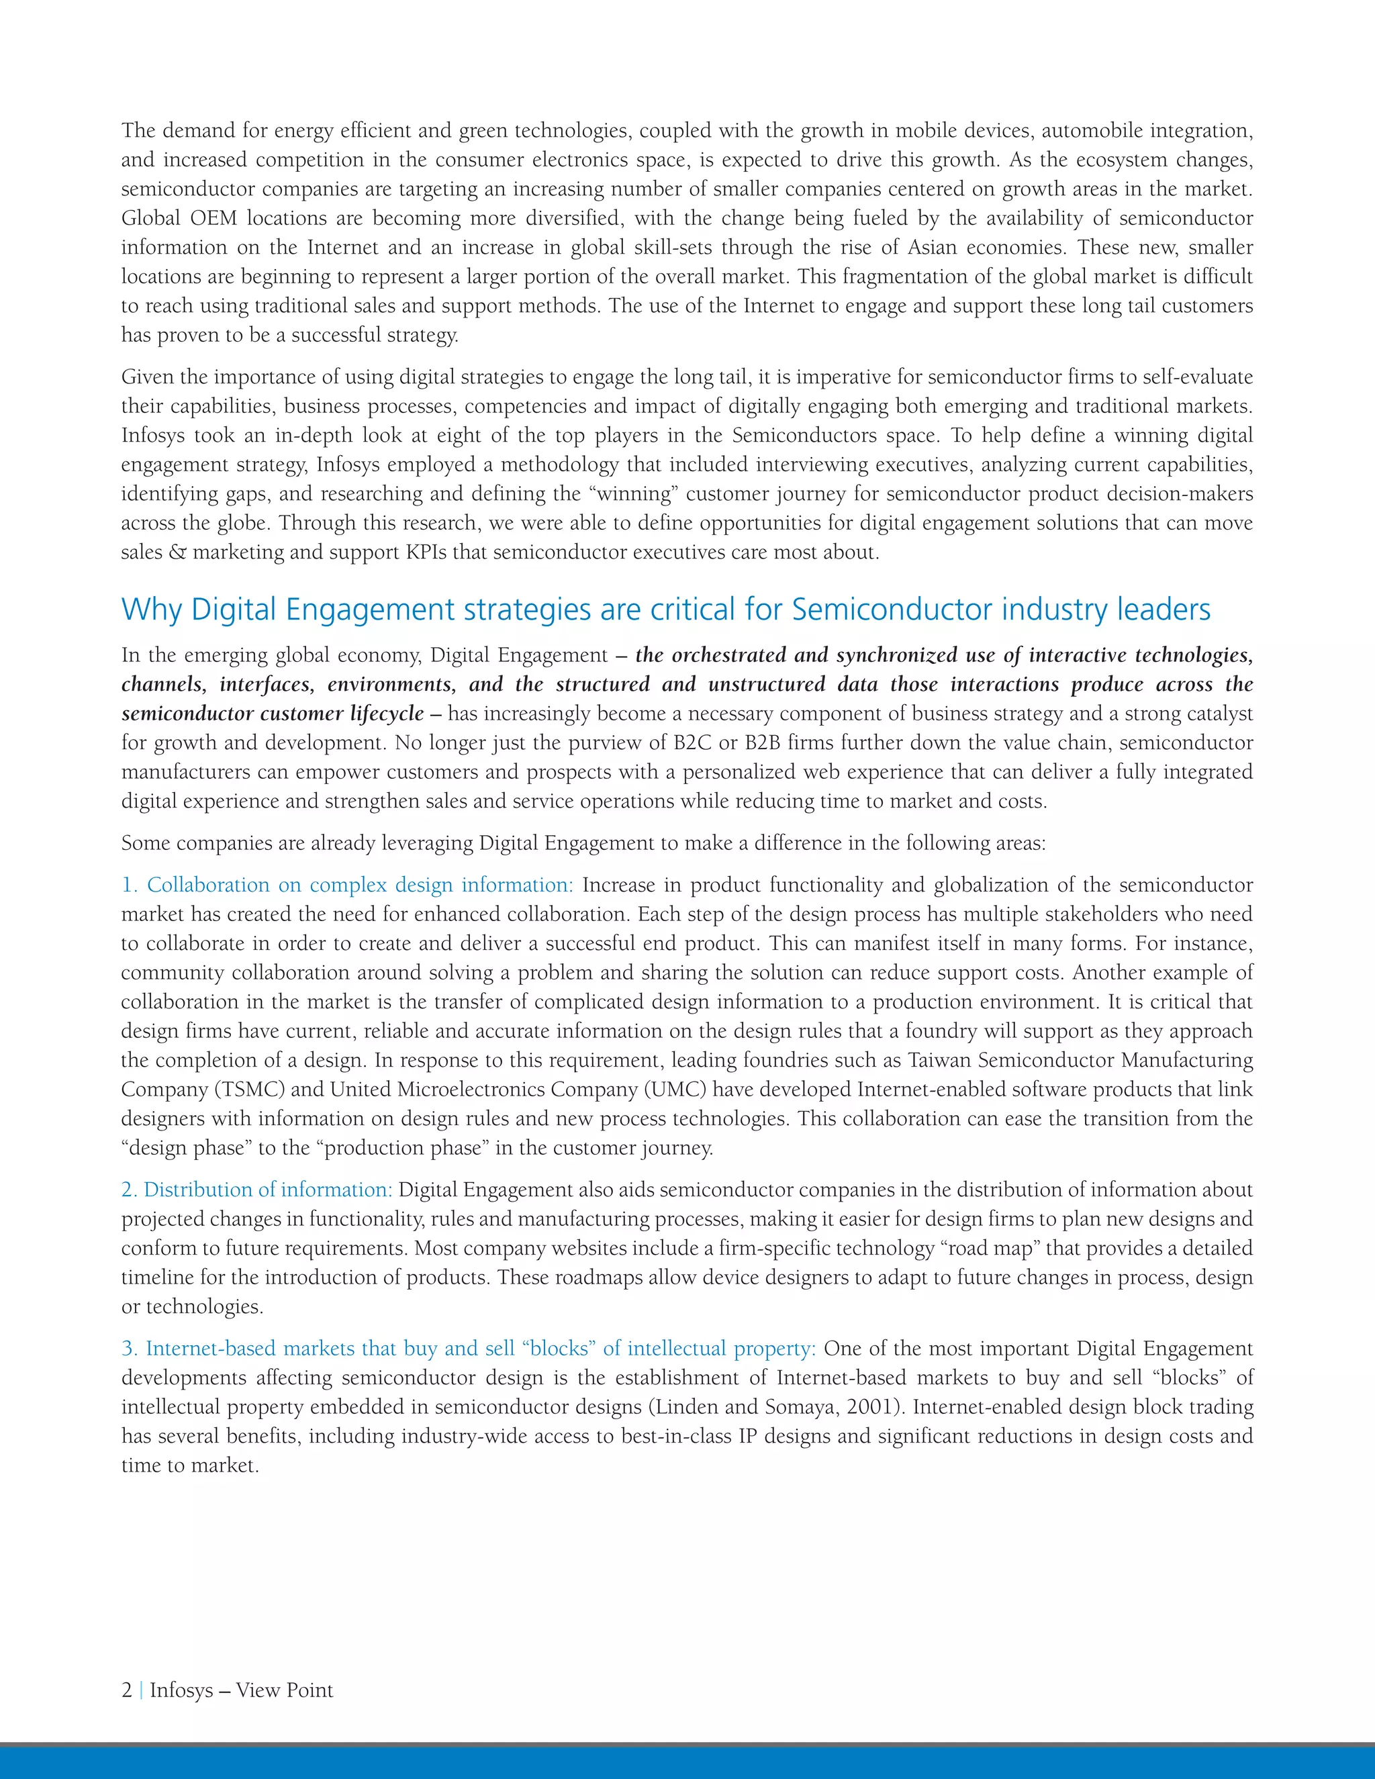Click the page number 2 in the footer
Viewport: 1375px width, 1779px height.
coord(126,1690)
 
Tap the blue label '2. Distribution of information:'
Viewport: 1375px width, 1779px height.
coord(256,1190)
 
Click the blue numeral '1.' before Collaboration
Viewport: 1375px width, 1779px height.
coord(130,885)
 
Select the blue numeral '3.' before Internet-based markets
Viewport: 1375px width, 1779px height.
coord(130,1349)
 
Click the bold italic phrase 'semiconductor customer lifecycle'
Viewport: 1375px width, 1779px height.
coord(273,714)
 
